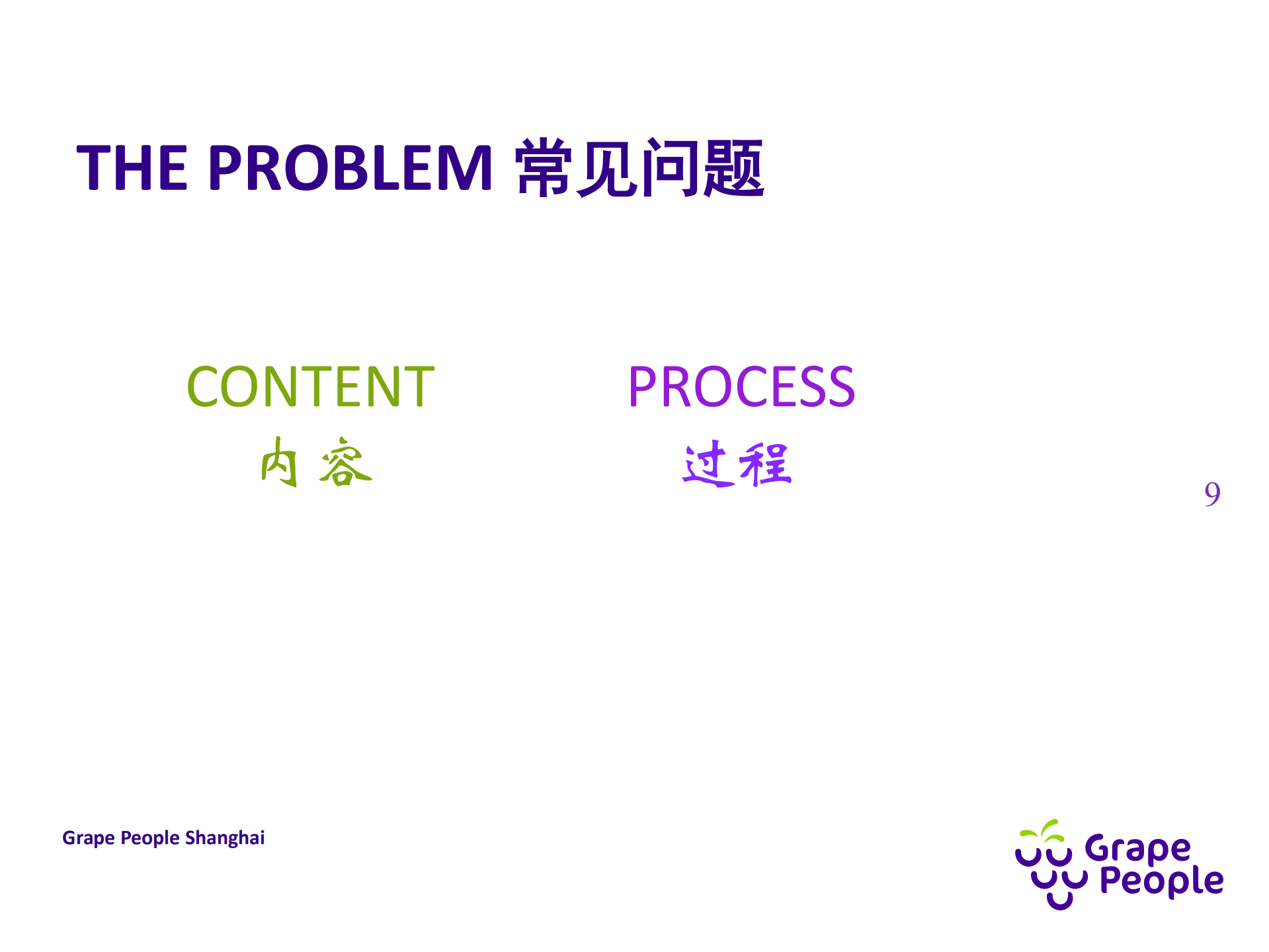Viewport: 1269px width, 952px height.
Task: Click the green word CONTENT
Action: [310, 387]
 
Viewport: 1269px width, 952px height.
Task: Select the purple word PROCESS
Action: [741, 387]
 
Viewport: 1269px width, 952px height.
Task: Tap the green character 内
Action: [279, 462]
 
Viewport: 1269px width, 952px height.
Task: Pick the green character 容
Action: [345, 462]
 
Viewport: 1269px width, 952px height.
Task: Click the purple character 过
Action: [706, 464]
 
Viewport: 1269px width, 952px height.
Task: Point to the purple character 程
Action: [766, 464]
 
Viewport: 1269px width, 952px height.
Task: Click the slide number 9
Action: [1211, 494]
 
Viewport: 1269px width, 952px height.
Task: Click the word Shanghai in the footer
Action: [225, 838]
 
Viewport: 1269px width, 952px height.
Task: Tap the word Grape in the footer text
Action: [88, 838]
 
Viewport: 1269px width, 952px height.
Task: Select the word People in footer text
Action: [150, 838]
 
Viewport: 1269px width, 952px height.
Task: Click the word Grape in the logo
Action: [1137, 849]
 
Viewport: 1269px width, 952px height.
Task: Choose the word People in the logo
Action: [1161, 881]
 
